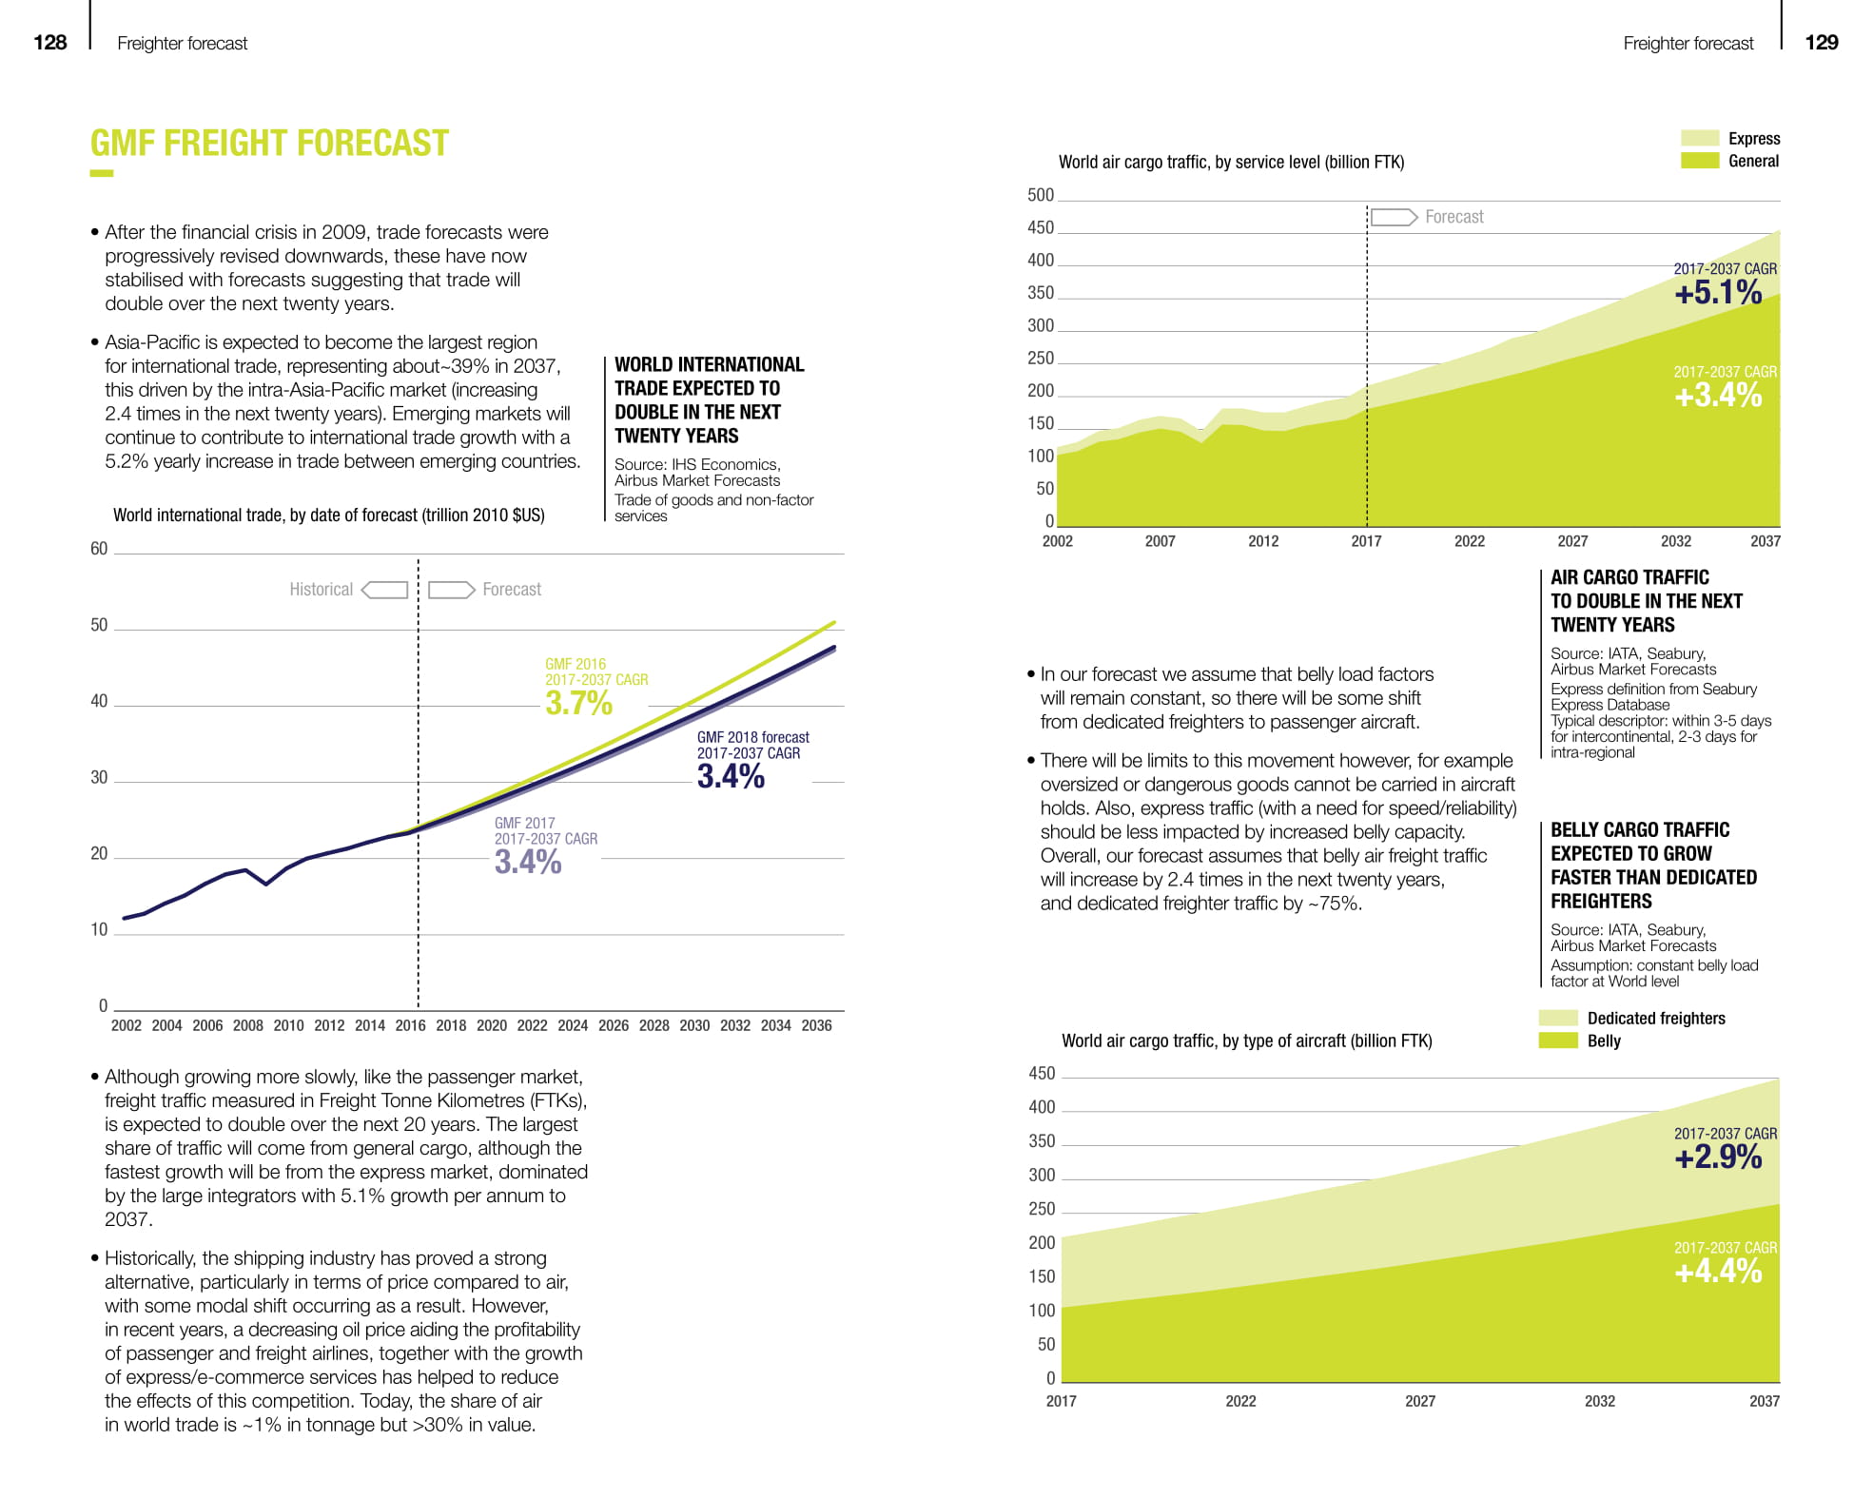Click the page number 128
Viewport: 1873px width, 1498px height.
click(49, 42)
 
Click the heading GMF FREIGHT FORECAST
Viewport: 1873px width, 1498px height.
click(269, 144)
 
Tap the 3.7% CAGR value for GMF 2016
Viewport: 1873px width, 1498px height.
click(578, 703)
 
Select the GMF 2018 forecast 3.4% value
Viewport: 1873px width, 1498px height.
click(731, 776)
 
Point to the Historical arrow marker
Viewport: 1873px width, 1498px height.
click(385, 590)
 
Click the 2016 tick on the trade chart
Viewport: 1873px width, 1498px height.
click(410, 1025)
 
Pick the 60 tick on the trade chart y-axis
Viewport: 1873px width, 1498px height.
click(99, 549)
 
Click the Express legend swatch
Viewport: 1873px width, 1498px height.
click(1700, 138)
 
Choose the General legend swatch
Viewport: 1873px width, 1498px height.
click(1700, 161)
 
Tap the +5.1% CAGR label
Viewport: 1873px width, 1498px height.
click(1718, 293)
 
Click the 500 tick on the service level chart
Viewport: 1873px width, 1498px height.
click(1041, 195)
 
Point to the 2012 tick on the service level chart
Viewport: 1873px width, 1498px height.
click(1263, 541)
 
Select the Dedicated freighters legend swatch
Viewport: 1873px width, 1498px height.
click(1558, 1018)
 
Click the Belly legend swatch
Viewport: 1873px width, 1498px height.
click(1558, 1041)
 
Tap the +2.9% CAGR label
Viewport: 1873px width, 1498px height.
click(1718, 1158)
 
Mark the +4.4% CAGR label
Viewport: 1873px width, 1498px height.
click(1718, 1272)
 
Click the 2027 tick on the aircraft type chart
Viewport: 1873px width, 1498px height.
click(1420, 1401)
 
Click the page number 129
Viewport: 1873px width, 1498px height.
click(1822, 42)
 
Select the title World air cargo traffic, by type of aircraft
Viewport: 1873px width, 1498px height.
click(1246, 1041)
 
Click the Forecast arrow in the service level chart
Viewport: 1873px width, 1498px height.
click(1395, 218)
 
